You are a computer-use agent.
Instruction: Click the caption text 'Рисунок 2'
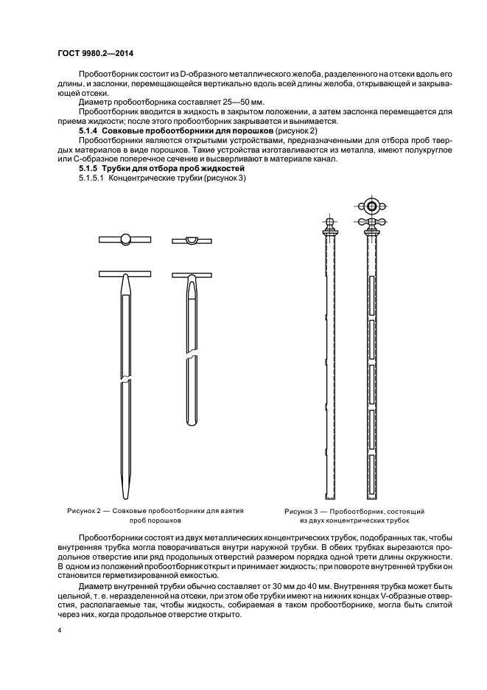point(87,511)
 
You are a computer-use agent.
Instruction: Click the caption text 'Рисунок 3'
point(304,511)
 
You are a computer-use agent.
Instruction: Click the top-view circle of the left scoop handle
point(125,239)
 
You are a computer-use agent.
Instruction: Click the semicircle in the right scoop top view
point(191,240)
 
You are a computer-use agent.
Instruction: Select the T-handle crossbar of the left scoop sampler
point(125,273)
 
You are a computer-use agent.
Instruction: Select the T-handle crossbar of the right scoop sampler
point(191,273)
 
